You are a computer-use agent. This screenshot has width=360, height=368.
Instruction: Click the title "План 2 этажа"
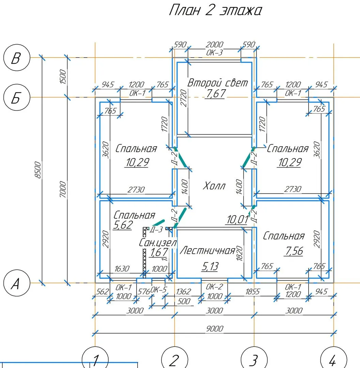coord(215,11)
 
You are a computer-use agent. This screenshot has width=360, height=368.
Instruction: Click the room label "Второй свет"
coord(218,83)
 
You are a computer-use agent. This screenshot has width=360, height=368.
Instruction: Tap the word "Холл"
coord(214,186)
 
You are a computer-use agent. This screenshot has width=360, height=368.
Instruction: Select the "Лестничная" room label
coord(207,251)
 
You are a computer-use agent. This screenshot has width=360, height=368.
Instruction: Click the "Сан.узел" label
coord(158,243)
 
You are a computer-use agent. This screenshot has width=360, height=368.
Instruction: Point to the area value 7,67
coord(215,93)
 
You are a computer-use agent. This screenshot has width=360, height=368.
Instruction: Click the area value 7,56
coord(294,251)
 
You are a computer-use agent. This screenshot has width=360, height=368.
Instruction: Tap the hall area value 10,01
coord(237,220)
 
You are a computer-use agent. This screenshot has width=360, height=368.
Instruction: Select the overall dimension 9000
coord(215,328)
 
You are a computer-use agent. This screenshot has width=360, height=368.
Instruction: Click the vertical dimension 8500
coord(38,170)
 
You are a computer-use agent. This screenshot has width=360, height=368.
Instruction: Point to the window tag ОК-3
coord(215,52)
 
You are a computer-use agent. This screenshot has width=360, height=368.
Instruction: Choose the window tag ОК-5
coord(159,290)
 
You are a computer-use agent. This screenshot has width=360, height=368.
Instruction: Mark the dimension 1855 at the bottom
coord(252,292)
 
